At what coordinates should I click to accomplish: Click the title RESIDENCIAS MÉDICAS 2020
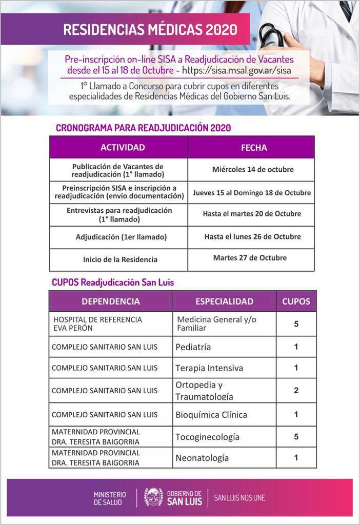pyautogui.click(x=150, y=30)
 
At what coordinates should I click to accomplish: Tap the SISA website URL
pyautogui.click(x=238, y=69)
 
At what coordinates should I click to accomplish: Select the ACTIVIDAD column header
pyautogui.click(x=123, y=148)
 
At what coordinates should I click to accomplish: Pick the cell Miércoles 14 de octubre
pyautogui.click(x=253, y=169)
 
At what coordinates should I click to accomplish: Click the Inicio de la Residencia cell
pyautogui.click(x=120, y=259)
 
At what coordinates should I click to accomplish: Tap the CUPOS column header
pyautogui.click(x=296, y=301)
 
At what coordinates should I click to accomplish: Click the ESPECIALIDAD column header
pyautogui.click(x=224, y=301)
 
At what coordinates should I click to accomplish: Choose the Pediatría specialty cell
pyautogui.click(x=193, y=347)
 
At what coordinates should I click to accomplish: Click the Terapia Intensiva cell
pyautogui.click(x=209, y=368)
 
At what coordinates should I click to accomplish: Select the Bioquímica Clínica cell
pyautogui.click(x=211, y=414)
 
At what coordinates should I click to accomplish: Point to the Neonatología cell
pyautogui.click(x=202, y=458)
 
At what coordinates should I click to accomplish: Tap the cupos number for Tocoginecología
pyautogui.click(x=296, y=437)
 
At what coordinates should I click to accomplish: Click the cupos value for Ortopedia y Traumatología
pyautogui.click(x=296, y=391)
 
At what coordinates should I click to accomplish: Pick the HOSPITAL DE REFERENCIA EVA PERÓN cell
pyautogui.click(x=98, y=324)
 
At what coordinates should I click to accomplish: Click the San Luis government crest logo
pyautogui.click(x=153, y=497)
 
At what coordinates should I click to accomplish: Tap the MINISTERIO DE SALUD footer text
pyautogui.click(x=110, y=498)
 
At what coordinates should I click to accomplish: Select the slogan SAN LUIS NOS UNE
pyautogui.click(x=239, y=498)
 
